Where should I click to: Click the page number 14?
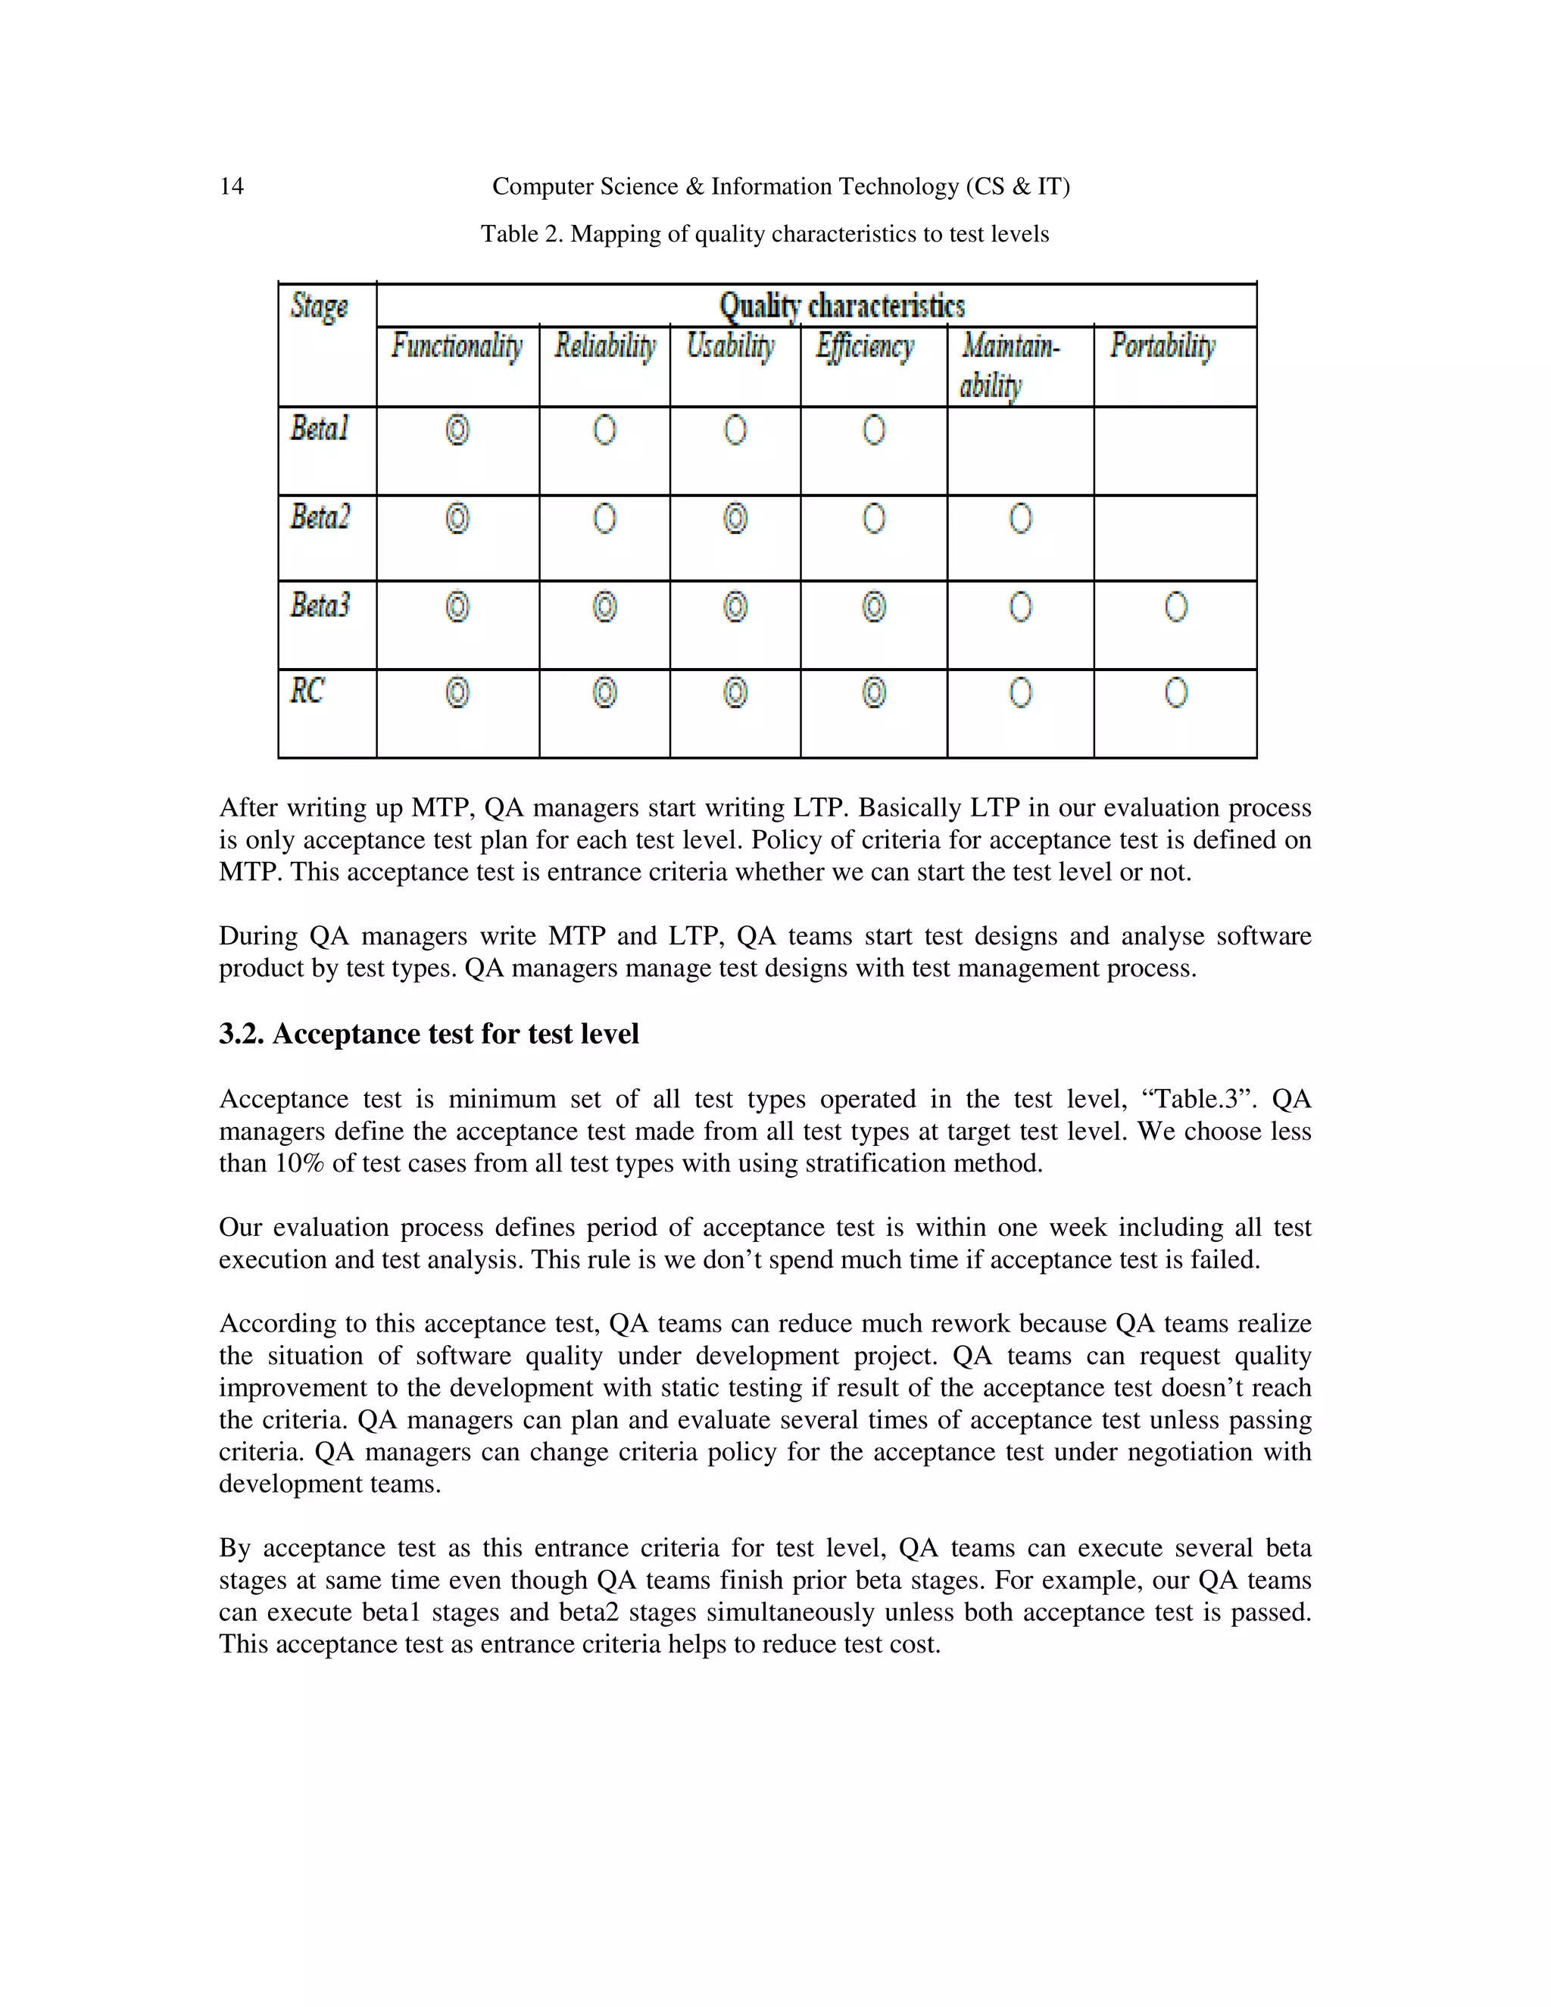(232, 186)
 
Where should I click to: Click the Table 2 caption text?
(763, 234)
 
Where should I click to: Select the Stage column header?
(319, 306)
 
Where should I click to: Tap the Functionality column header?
(457, 346)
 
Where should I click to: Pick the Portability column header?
(1162, 346)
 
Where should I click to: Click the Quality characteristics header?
(841, 306)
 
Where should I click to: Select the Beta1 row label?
(320, 428)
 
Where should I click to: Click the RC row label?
(307, 691)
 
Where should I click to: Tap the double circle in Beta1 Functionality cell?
(457, 430)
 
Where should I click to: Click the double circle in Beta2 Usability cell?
(735, 520)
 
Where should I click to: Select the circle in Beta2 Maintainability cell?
(1020, 520)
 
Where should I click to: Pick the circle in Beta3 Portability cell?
(1176, 607)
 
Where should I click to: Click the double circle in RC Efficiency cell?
(874, 693)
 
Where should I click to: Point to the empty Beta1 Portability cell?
(1175, 451)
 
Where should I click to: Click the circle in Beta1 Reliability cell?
(604, 430)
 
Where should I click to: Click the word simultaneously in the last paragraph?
(802, 1612)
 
